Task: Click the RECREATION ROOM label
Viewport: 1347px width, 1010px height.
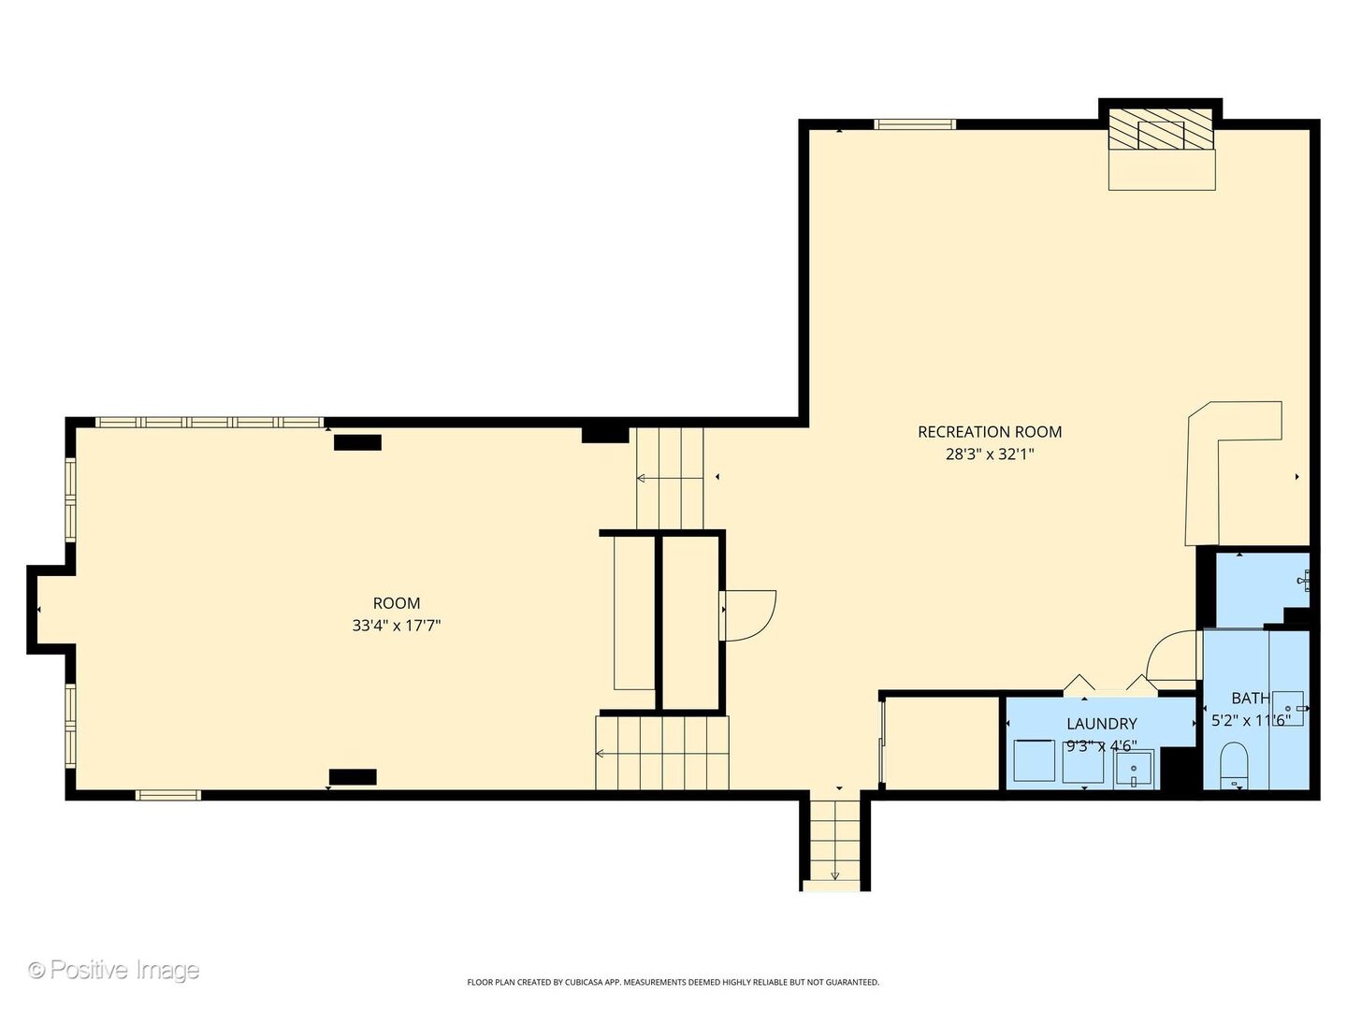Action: [990, 432]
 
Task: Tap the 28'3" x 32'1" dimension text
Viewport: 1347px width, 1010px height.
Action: [990, 454]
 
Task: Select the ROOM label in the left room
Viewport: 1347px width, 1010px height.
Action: [397, 603]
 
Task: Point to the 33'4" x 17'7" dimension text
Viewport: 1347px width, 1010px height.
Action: [397, 626]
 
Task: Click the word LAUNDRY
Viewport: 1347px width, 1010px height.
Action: [1102, 724]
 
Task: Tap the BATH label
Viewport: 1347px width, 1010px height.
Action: [1250, 698]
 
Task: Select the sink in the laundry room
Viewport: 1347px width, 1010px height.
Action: [1134, 769]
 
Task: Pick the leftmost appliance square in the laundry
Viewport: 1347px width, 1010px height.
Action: [1034, 760]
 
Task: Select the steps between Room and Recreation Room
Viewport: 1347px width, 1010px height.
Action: [670, 478]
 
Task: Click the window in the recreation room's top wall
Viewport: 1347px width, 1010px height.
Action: [915, 124]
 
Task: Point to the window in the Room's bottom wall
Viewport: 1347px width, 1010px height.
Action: [168, 795]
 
